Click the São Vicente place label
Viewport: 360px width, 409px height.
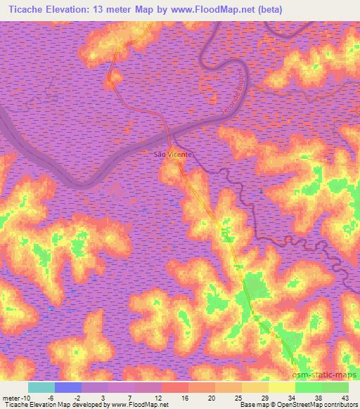point(172,152)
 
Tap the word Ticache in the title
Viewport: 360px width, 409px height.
point(26,8)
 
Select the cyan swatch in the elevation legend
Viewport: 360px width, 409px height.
point(41,387)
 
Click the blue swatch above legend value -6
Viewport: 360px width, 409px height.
point(68,387)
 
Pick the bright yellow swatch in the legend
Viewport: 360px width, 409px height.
point(281,387)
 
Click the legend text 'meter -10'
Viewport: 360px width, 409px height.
point(15,397)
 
